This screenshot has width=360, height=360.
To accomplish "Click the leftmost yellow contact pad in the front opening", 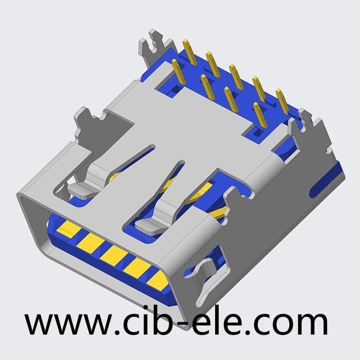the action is click(69, 229).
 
